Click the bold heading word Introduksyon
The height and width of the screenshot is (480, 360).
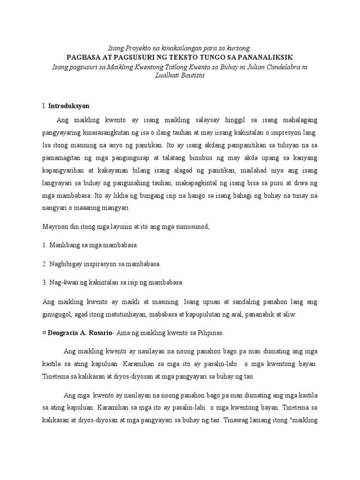(69, 106)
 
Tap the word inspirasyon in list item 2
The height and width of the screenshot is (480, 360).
(102, 264)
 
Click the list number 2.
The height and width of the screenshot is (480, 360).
(44, 264)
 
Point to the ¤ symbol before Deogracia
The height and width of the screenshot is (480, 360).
(44, 333)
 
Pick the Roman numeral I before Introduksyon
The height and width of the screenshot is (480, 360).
(44, 106)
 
